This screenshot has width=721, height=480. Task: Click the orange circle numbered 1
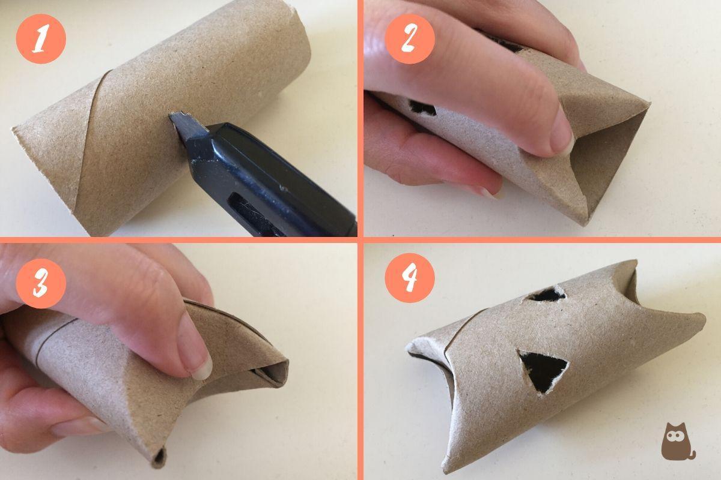(x=40, y=39)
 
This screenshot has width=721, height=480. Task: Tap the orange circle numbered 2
(x=409, y=39)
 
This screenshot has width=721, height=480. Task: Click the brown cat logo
(x=677, y=441)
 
